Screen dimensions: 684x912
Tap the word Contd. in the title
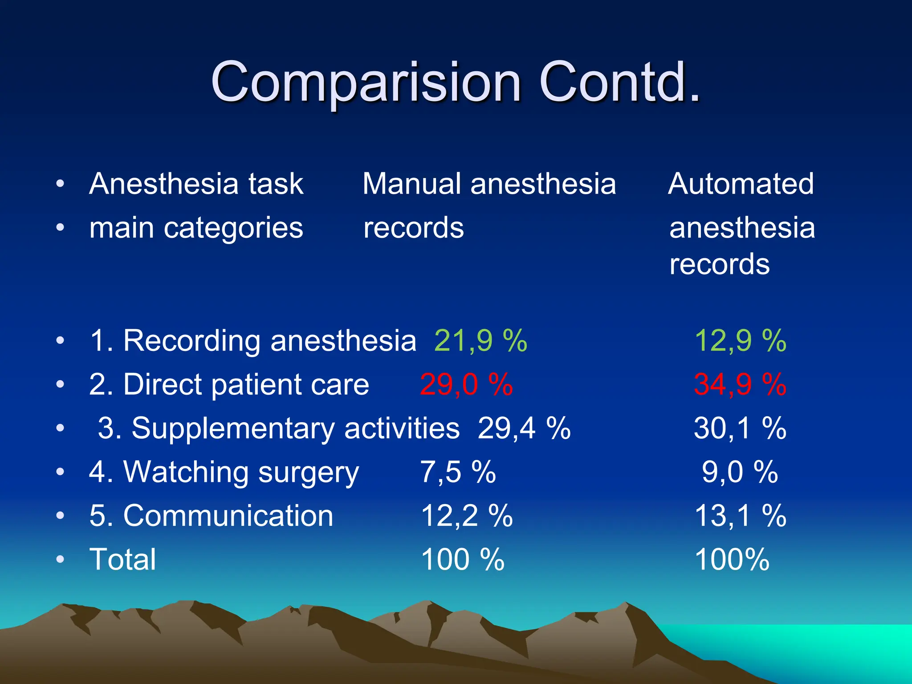click(x=619, y=82)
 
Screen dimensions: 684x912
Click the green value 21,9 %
click(x=480, y=341)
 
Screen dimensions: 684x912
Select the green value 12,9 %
click(x=740, y=341)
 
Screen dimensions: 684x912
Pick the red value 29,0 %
click(x=466, y=384)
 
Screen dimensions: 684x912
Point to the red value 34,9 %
click(x=740, y=384)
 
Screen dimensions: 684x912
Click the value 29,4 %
click(x=524, y=428)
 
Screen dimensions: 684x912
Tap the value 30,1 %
click(x=740, y=428)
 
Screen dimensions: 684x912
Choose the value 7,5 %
click(x=458, y=472)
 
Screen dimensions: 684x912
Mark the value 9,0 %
click(x=740, y=472)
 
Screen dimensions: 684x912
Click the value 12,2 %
click(x=466, y=516)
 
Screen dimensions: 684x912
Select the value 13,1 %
click(x=740, y=516)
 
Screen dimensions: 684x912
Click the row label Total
click(x=123, y=559)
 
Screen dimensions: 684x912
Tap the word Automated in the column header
click(x=741, y=183)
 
